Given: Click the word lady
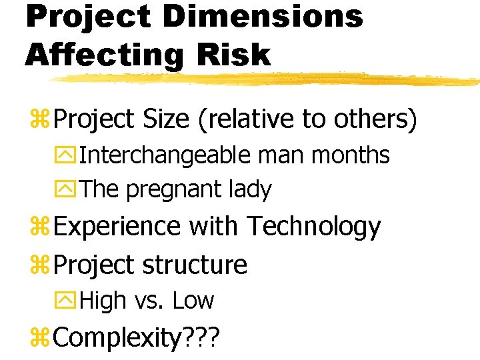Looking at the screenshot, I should [x=249, y=190].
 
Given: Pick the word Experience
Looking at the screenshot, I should [x=117, y=227].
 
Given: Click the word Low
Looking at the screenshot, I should [x=193, y=301].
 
